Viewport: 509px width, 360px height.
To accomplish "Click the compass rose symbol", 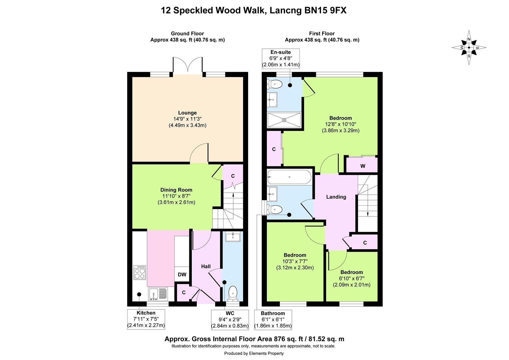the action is (469, 48).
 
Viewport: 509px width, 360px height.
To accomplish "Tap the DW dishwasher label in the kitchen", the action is (182, 274).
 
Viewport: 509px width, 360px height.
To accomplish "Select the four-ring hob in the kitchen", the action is (140, 272).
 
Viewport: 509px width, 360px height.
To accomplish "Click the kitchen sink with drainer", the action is (158, 294).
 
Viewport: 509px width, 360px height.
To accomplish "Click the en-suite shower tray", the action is (284, 120).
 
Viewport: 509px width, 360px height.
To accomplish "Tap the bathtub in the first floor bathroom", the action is (289, 177).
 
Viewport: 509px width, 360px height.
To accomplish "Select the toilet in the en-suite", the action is (274, 84).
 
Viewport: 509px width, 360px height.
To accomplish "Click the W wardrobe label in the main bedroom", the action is (363, 166).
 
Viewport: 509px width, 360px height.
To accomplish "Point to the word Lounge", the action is (187, 113).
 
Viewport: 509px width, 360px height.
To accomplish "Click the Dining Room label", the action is (176, 190).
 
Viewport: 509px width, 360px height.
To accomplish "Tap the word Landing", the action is (336, 197).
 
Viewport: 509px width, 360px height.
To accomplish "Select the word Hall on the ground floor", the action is (206, 266).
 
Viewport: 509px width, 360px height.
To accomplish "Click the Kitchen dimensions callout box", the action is (146, 319).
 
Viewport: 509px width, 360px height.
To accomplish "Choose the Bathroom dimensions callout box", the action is (273, 320).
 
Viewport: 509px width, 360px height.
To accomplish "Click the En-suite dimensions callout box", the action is (280, 58).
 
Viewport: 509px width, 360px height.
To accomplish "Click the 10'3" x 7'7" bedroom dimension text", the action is (295, 261).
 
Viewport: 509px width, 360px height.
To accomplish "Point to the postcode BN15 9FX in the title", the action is (325, 10).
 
